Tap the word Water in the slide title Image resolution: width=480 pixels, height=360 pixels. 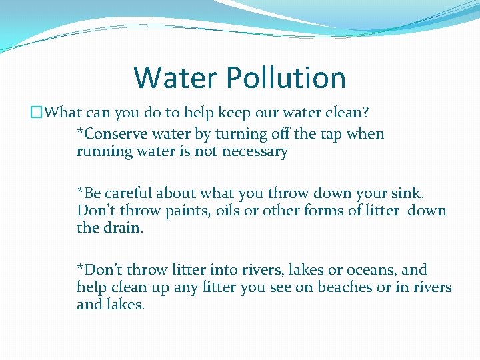tap(175, 78)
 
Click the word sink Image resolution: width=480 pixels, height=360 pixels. tap(406, 193)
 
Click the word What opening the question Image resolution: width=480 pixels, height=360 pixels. tap(70, 113)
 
